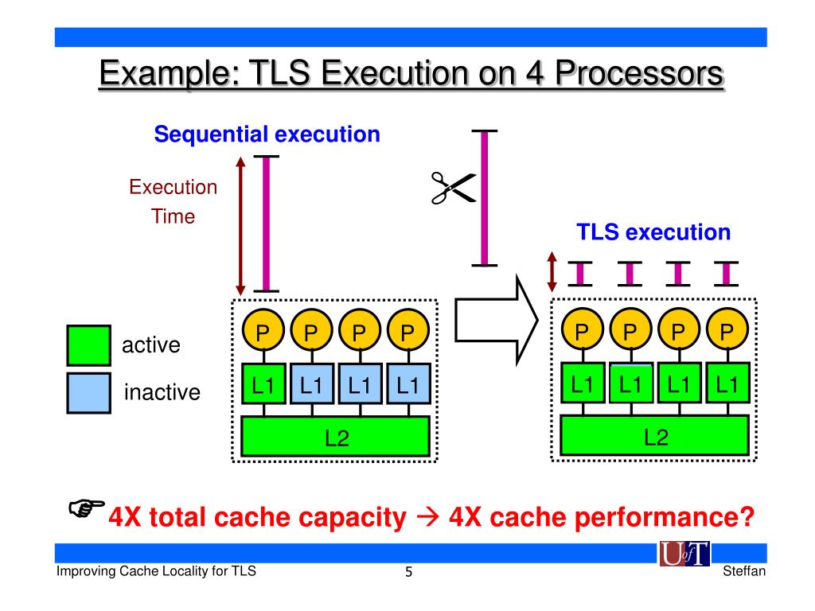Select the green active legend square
pyautogui.click(x=88, y=346)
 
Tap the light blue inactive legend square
pyautogui.click(x=88, y=393)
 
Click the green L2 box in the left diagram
pyautogui.click(x=335, y=437)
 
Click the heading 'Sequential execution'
pyautogui.click(x=267, y=134)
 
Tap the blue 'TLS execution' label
pyautogui.click(x=653, y=232)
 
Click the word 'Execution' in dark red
pyautogui.click(x=173, y=188)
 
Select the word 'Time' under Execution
pyautogui.click(x=174, y=216)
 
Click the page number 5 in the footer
pyautogui.click(x=408, y=573)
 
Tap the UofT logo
pyautogui.click(x=684, y=554)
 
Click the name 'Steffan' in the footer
pyautogui.click(x=744, y=573)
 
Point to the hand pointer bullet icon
pyautogui.click(x=86, y=507)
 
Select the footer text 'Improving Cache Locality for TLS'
pyautogui.click(x=155, y=571)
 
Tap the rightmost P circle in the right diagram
pyautogui.click(x=726, y=330)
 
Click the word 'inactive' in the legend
pyautogui.click(x=162, y=392)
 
